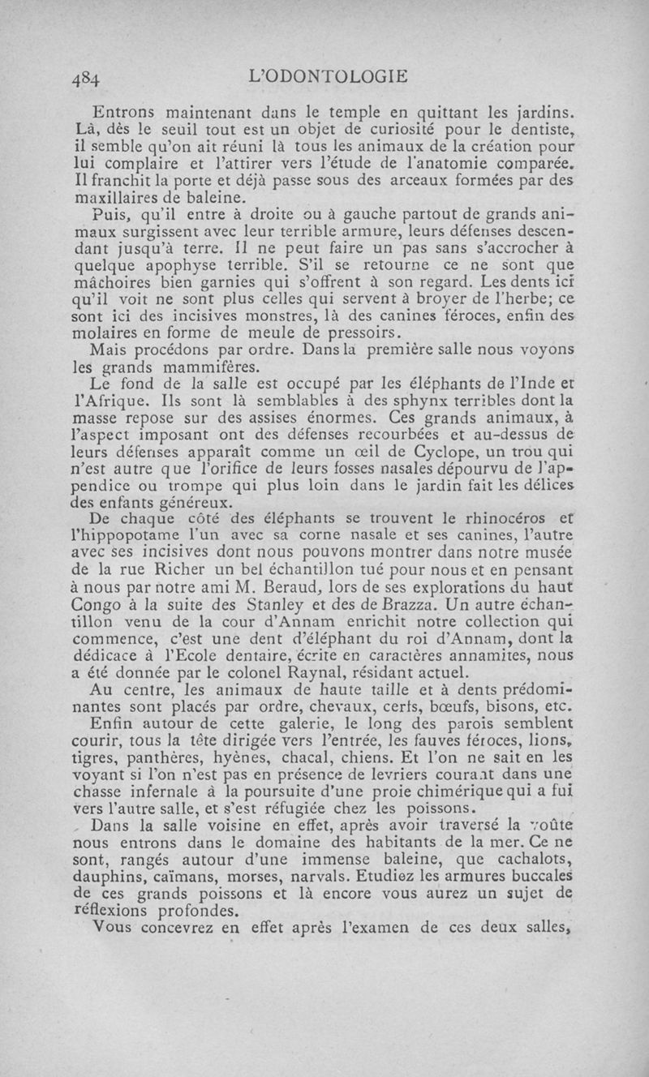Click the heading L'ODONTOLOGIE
point(329,77)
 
